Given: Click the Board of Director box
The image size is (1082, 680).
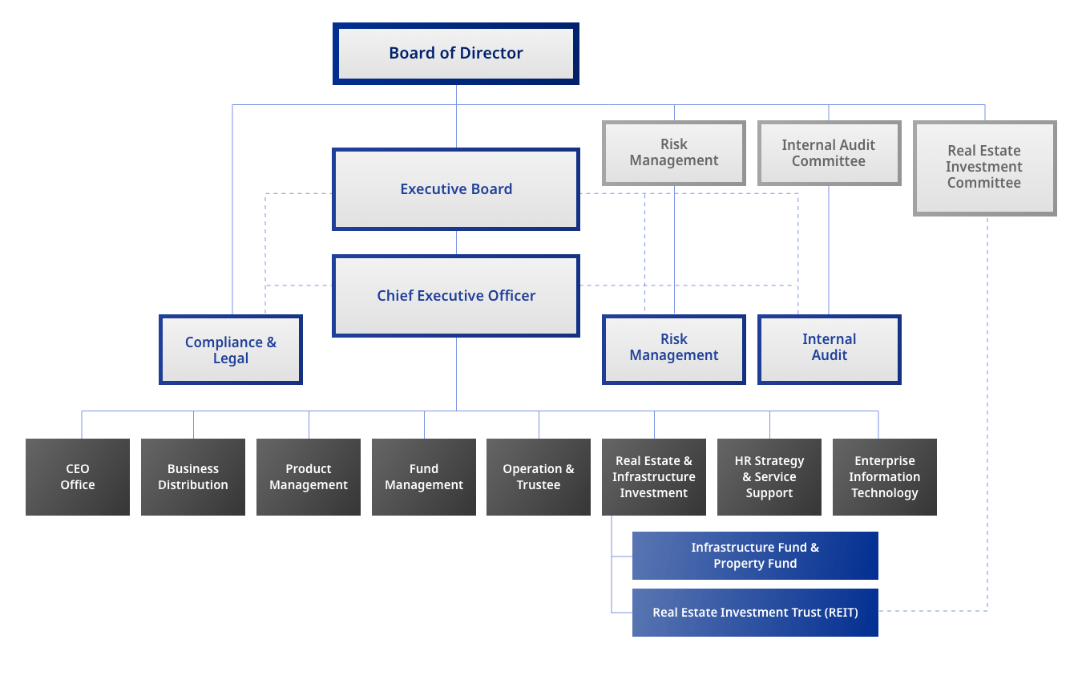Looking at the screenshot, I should coord(455,54).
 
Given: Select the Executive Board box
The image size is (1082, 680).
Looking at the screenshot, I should coord(455,189).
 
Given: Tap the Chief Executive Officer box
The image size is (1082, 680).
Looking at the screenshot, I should coord(455,296).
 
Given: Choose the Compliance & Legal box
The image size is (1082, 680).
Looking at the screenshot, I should coord(231,350).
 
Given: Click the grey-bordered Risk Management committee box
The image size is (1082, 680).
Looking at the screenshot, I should coord(673,152).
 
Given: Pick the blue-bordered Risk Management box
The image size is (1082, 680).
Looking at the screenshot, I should coord(673,348).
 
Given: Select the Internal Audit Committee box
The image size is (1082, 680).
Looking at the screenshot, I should coord(829,153).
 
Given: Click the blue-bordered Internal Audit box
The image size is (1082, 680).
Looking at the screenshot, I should coord(829,348).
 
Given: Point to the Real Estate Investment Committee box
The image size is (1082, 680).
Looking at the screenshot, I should coord(984,168).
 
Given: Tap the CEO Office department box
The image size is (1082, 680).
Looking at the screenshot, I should coord(78,477).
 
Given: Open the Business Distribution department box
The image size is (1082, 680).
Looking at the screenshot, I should coord(193,477).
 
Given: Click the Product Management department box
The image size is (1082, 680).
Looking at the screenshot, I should coord(309,477).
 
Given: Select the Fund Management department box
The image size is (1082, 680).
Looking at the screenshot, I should coord(424,477).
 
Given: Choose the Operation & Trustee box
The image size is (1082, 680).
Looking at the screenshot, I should coord(539,477).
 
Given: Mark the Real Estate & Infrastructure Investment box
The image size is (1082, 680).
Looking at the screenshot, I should coord(654,477).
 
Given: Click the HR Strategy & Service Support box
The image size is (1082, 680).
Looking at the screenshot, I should coord(769,477).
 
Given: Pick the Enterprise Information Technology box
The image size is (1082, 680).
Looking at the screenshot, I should coord(885,477).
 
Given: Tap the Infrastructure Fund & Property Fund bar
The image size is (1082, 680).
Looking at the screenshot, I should coord(755,556).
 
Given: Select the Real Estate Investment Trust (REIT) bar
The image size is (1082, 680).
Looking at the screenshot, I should coord(755,613).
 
